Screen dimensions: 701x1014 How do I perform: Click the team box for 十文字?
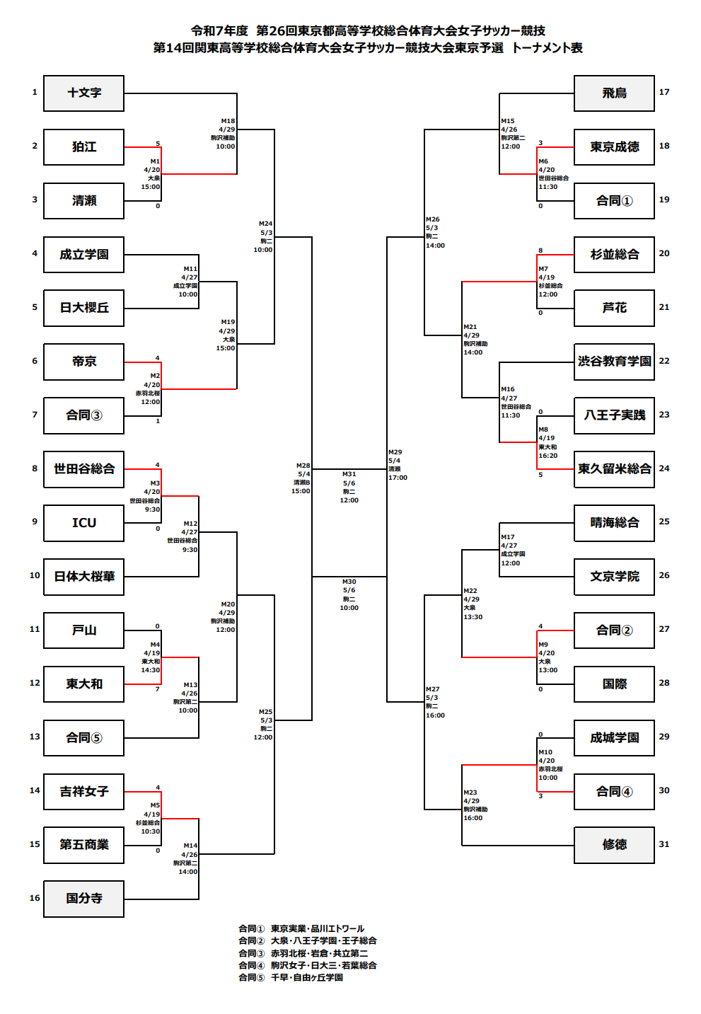coord(83,93)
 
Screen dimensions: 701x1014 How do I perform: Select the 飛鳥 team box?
coord(614,93)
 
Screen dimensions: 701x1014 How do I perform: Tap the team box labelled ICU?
coord(83,523)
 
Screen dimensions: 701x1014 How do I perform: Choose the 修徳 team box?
coord(614,845)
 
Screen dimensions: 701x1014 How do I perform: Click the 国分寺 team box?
coord(83,899)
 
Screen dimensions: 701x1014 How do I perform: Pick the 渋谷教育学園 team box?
coord(614,362)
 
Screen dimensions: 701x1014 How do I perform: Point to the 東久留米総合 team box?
coord(614,469)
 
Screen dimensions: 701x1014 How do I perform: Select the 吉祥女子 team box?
coord(83,791)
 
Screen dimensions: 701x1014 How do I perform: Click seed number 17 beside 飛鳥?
coord(664,92)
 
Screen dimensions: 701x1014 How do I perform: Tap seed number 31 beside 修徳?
coord(664,843)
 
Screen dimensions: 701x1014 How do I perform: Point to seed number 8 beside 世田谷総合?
coord(35,468)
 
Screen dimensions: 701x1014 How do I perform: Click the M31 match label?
coord(349,474)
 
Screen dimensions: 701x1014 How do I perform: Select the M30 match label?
coord(349,581)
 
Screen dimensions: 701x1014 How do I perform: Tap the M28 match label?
coord(303,466)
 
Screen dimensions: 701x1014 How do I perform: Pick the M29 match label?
coord(395,451)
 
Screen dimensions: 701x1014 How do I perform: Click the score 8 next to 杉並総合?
coord(540,250)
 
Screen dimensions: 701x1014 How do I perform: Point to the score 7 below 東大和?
coord(158,689)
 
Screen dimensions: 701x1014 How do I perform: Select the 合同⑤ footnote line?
coord(291,977)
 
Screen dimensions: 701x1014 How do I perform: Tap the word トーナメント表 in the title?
coord(547,47)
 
